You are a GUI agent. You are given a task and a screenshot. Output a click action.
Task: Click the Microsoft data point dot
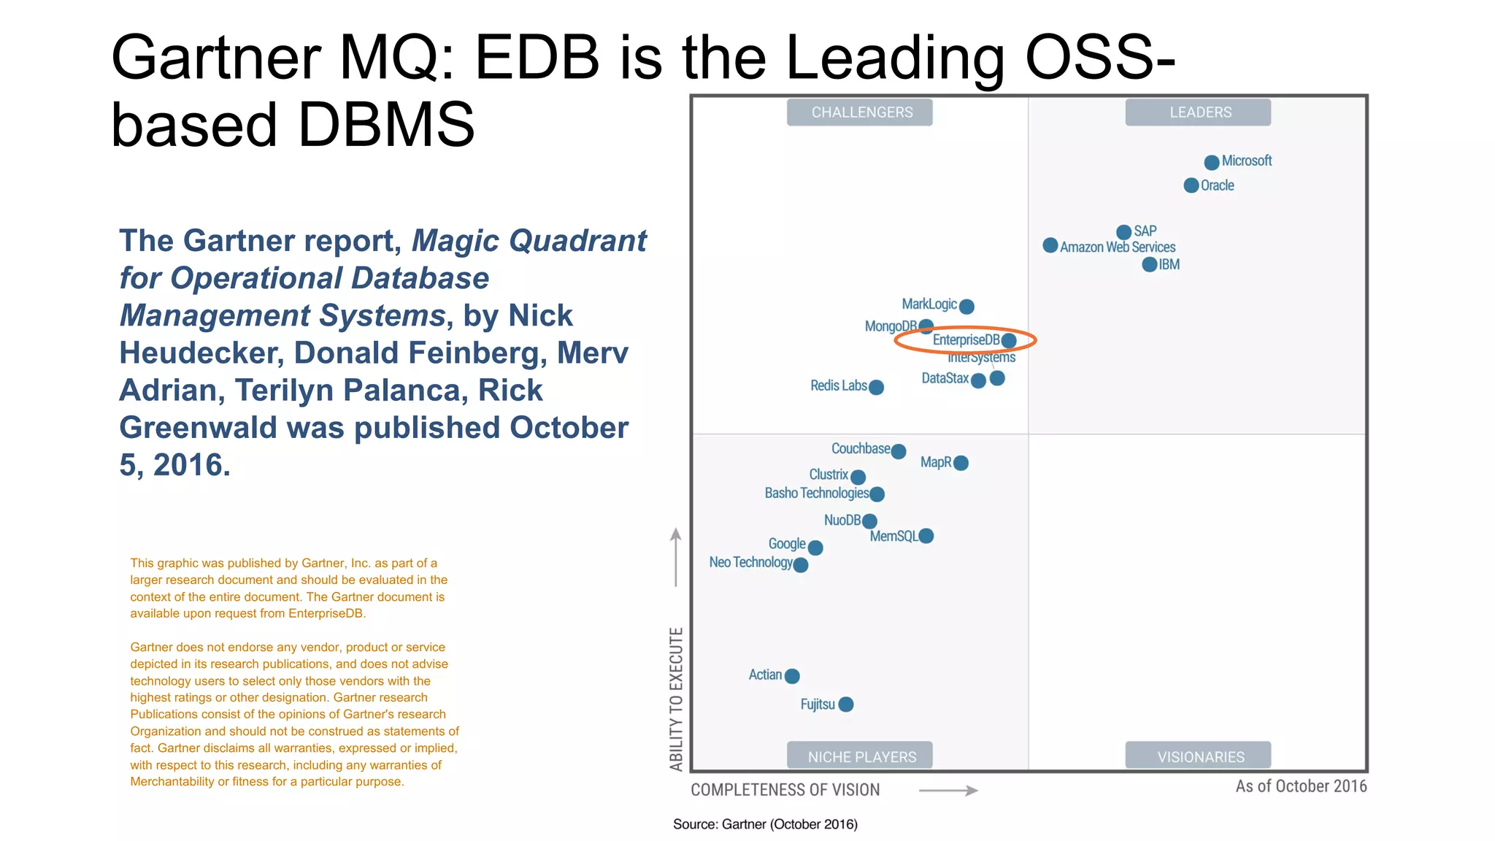pos(1212,162)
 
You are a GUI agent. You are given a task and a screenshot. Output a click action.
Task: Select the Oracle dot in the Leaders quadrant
pos(1191,185)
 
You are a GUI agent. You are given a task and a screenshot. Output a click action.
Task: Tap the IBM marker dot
pos(1150,264)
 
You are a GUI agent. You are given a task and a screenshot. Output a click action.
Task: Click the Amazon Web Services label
pos(1118,247)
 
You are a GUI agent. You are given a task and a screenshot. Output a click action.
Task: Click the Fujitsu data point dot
pos(846,704)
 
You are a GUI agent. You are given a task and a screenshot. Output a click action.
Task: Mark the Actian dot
pos(792,676)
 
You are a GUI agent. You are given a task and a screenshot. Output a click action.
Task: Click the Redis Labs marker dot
pos(877,387)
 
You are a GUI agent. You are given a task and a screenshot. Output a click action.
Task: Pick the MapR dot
pos(961,463)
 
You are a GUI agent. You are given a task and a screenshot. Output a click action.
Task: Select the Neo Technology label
pos(750,562)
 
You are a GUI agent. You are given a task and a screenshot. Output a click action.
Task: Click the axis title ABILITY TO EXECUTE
pos(677,699)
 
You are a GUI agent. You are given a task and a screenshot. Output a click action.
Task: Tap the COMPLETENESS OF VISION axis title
pos(785,790)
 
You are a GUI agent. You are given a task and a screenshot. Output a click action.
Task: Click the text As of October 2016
pos(1301,786)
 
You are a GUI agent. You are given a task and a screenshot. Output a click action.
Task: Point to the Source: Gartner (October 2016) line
pos(765,824)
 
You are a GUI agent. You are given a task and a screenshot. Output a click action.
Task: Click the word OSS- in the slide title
pos(1099,58)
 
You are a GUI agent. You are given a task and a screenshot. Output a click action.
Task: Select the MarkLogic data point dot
pos(966,307)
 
